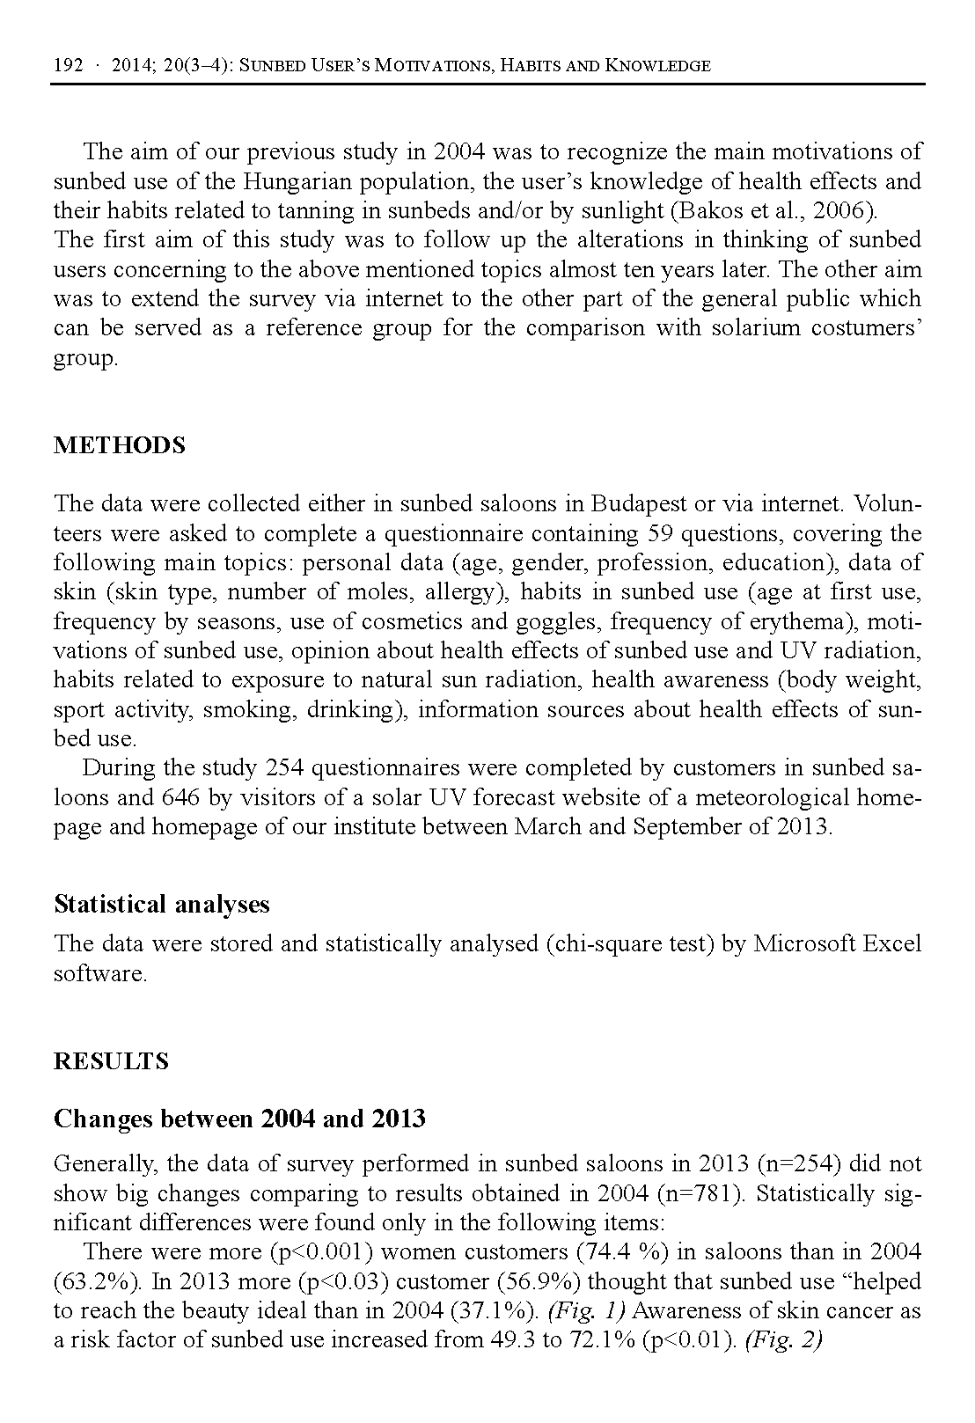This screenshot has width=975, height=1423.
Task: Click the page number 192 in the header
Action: (68, 66)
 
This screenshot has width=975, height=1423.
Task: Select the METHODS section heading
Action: (120, 445)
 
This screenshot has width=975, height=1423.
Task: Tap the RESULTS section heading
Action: (111, 1061)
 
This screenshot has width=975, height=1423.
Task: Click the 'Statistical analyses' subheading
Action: (162, 905)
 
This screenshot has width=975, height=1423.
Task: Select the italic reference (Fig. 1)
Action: (586, 1311)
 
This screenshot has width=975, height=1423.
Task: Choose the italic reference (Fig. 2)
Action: (782, 1341)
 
